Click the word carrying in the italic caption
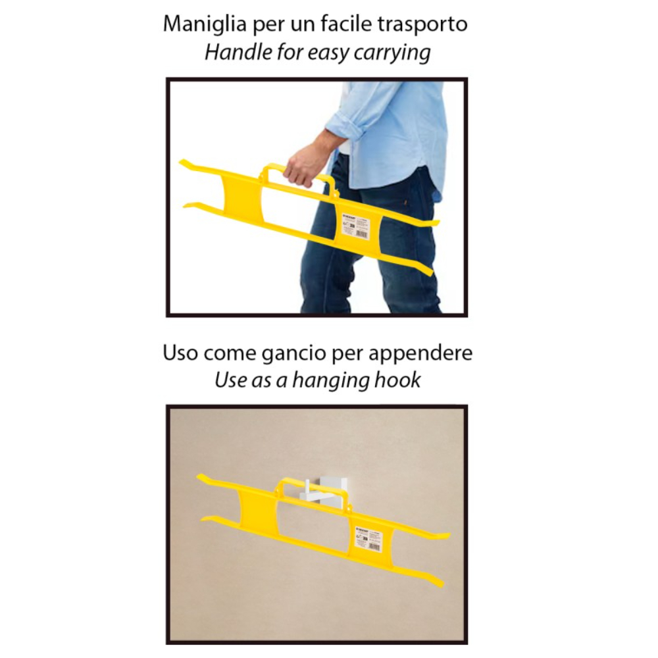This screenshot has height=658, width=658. tap(392, 53)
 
